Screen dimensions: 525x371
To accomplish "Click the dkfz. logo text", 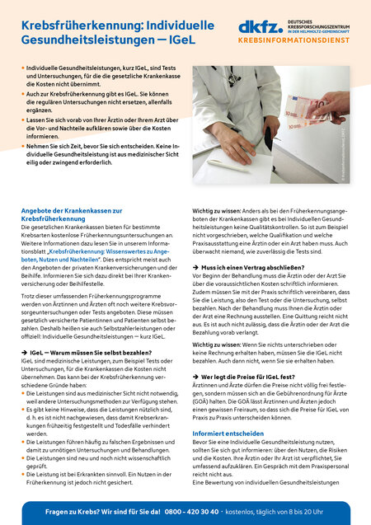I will click(x=257, y=27).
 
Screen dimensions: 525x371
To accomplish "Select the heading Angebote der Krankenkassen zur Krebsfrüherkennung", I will click(x=70, y=215).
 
